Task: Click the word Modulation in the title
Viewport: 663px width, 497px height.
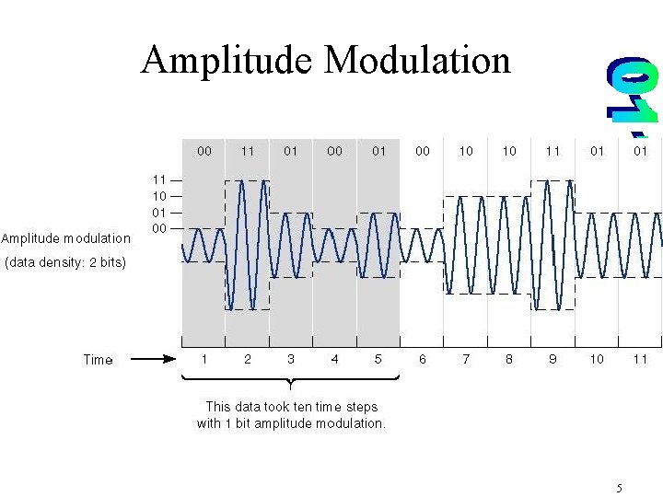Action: click(x=417, y=61)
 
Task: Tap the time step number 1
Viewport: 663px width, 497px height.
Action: click(x=204, y=359)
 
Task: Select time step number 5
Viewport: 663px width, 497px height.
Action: click(x=378, y=359)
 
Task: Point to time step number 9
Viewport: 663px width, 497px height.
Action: click(x=552, y=359)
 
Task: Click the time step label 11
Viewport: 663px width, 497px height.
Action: click(x=640, y=359)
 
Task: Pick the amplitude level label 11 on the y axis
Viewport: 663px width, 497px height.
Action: click(x=159, y=180)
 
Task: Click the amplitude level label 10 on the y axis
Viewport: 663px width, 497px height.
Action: click(x=159, y=196)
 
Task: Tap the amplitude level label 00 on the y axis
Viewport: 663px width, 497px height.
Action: click(x=159, y=227)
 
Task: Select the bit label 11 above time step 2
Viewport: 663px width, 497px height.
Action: click(x=248, y=151)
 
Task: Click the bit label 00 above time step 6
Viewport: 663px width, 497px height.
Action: click(x=423, y=151)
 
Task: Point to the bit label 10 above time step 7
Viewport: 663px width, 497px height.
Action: click(x=466, y=151)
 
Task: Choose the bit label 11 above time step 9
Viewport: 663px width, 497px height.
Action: click(x=552, y=151)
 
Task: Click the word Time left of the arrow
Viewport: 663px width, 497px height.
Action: click(x=98, y=360)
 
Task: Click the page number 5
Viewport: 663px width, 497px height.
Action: click(x=620, y=488)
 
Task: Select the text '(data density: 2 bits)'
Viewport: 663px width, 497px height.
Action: click(x=64, y=262)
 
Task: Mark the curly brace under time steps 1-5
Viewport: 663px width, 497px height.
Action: click(x=290, y=380)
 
